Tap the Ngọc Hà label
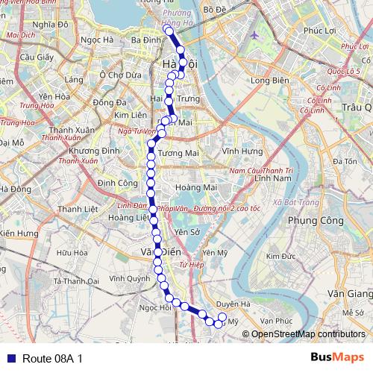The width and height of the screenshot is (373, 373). pos(97,40)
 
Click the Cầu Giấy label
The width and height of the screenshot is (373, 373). pos(35,57)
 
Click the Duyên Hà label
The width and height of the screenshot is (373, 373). pos(233,304)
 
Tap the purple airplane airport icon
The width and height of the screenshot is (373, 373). pos(255,34)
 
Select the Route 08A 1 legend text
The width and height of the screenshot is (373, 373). pos(52,358)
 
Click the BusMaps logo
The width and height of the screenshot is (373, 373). pos(337,357)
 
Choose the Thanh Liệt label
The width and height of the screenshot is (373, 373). pos(78,209)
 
